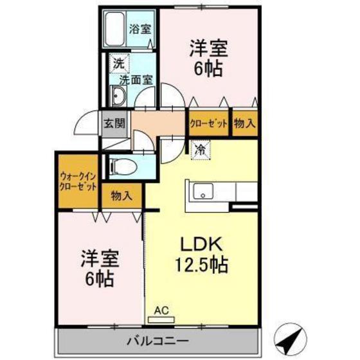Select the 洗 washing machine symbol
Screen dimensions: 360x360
coord(118,64)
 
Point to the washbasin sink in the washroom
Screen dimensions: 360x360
coord(118,97)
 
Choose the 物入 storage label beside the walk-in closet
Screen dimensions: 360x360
coord(121,196)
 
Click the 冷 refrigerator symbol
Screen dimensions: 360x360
coord(200,150)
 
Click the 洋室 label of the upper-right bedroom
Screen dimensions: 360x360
coord(206,48)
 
